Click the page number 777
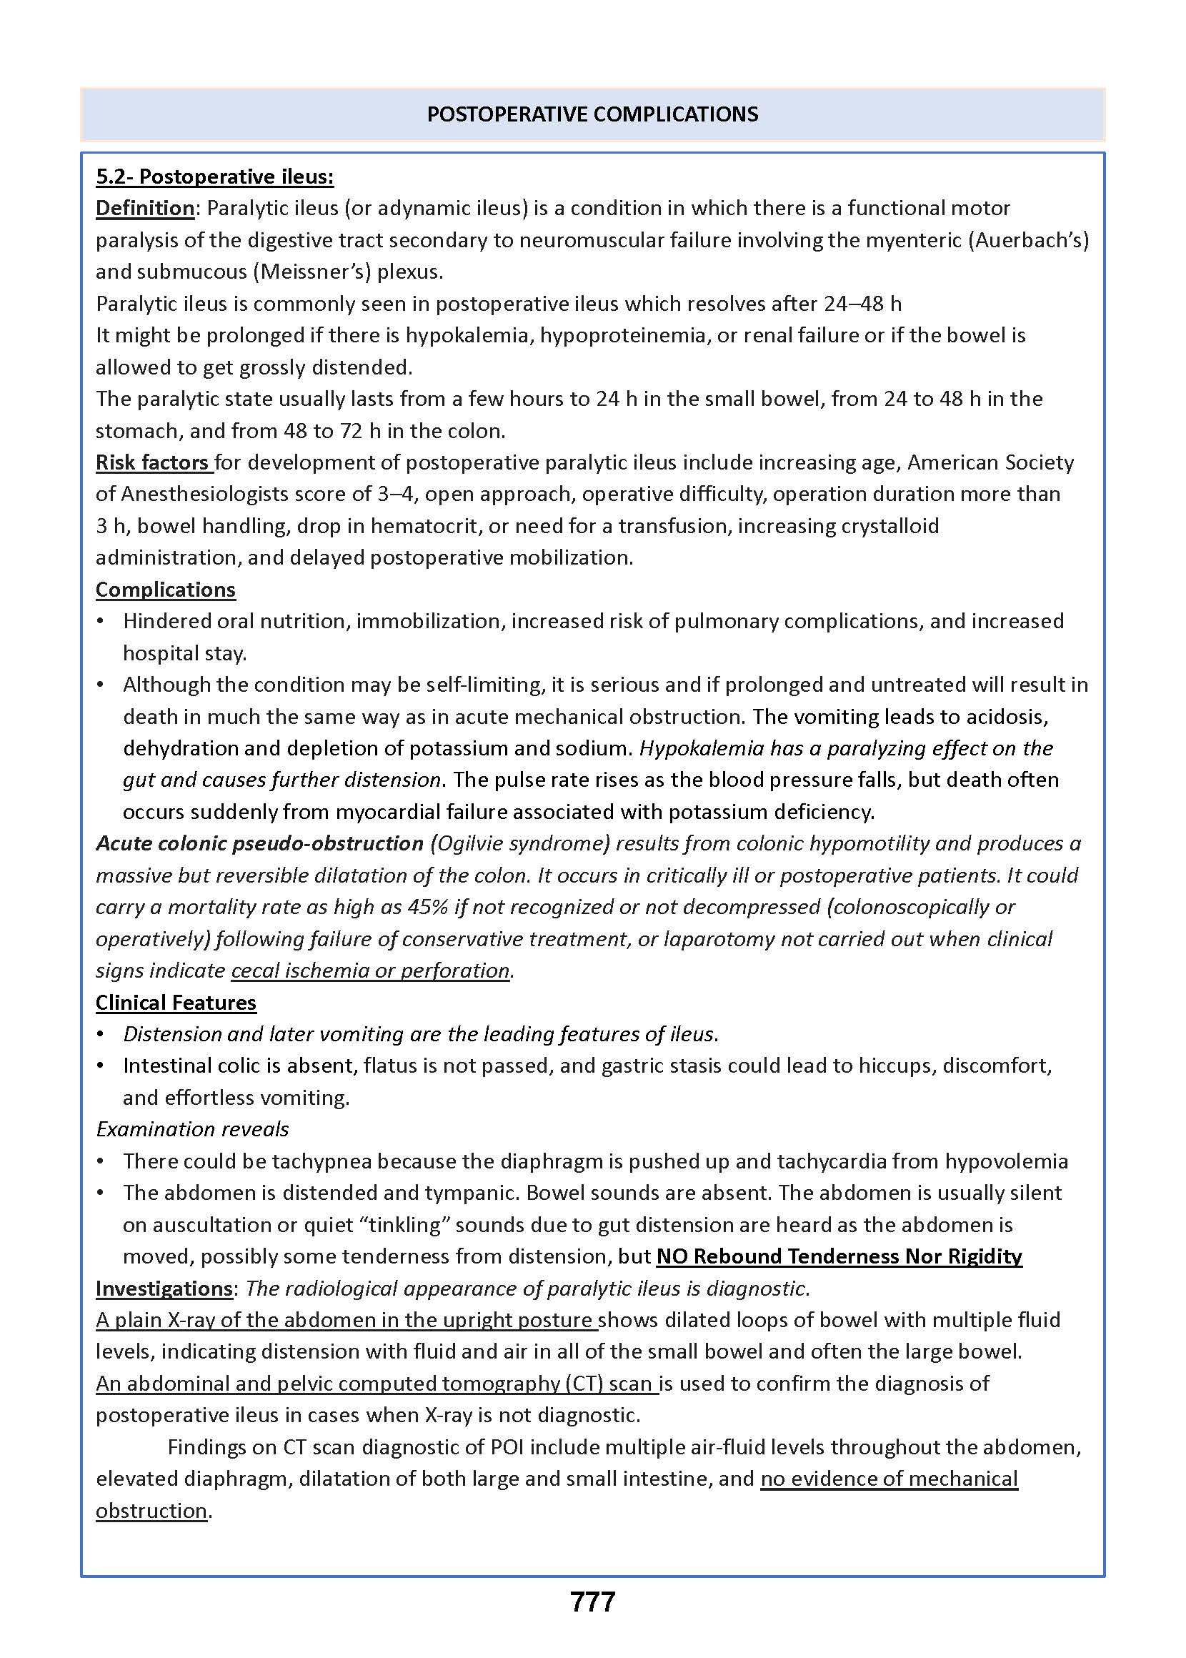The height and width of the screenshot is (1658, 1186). point(592,1602)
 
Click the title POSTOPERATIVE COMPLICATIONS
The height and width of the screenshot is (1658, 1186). point(592,114)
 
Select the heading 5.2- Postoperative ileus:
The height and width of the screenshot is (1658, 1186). point(215,177)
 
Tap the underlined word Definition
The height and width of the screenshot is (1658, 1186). point(144,208)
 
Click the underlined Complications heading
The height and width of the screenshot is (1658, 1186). point(166,590)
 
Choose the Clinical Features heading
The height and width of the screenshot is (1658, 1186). point(176,1002)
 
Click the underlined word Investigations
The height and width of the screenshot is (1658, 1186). point(164,1288)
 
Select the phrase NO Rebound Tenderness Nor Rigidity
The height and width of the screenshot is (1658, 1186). point(839,1256)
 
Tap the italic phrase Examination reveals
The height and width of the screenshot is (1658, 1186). point(192,1129)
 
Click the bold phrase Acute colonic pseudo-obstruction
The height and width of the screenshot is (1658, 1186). point(259,843)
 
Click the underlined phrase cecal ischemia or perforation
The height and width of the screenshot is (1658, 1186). point(370,971)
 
